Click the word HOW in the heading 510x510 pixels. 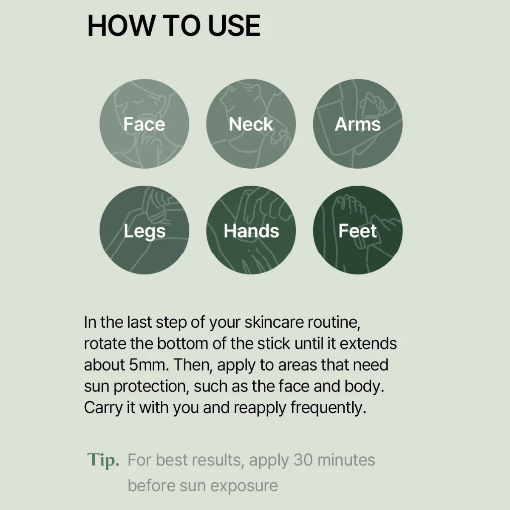(x=121, y=25)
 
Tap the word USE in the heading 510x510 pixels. (x=234, y=25)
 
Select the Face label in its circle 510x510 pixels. (x=144, y=124)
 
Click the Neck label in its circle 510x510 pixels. (x=251, y=124)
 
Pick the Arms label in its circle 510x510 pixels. (x=358, y=124)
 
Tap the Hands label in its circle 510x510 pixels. (x=252, y=231)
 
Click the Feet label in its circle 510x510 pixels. (x=357, y=231)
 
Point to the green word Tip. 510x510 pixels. (x=103, y=460)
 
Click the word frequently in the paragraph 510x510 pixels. (x=329, y=408)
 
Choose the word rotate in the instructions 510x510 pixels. (x=105, y=343)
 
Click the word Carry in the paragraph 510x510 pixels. (x=103, y=408)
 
